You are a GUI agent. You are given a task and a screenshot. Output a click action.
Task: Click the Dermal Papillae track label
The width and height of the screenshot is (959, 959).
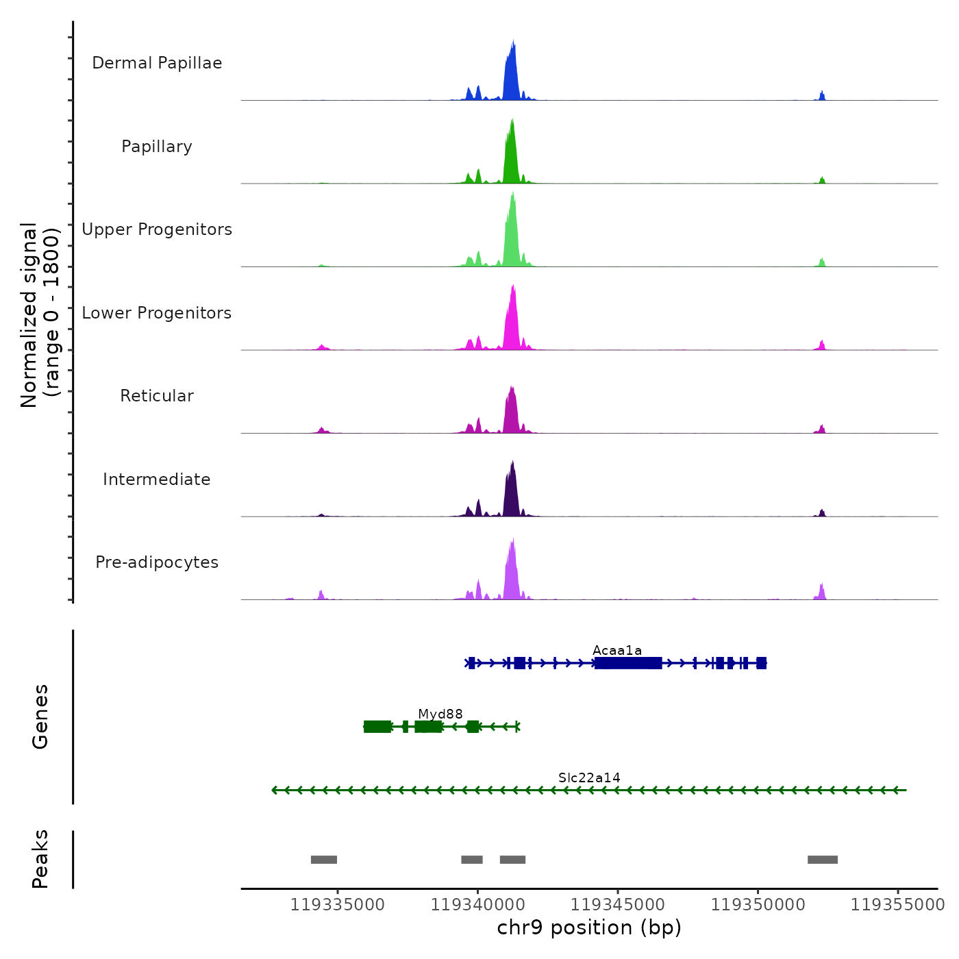[x=157, y=63]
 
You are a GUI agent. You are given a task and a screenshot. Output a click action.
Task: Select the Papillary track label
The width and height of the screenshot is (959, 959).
[x=157, y=147]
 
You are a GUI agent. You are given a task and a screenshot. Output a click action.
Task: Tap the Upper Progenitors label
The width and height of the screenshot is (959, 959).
[x=157, y=229]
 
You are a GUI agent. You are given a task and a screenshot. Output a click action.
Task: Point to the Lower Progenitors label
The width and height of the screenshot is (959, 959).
[x=157, y=313]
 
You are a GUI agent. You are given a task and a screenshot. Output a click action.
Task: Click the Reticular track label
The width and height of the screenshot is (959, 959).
[x=157, y=396]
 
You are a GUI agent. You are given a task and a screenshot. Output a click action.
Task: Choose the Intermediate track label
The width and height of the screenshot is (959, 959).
[x=157, y=480]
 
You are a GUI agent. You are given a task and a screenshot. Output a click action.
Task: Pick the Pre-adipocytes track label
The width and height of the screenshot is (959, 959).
[x=157, y=562]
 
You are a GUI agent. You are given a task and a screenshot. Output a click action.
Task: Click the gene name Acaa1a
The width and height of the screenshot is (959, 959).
[x=617, y=650]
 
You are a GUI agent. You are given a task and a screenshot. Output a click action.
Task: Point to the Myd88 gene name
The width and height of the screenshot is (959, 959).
[x=440, y=714]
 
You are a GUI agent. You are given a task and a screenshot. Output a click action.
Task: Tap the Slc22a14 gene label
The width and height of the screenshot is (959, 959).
[x=589, y=777]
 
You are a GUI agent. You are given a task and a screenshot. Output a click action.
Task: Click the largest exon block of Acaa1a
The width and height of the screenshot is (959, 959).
[x=628, y=663]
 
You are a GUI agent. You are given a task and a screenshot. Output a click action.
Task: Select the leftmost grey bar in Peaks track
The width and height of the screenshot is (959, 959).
[x=324, y=860]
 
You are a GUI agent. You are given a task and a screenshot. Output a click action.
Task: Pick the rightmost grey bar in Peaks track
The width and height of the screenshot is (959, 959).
[x=823, y=860]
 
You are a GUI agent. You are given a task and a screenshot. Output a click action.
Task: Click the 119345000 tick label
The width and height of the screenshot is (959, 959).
[x=618, y=905]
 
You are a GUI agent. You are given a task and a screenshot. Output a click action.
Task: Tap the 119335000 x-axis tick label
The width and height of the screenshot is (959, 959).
[x=338, y=905]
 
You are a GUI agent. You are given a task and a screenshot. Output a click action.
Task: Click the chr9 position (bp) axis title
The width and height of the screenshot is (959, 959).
[x=589, y=927]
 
